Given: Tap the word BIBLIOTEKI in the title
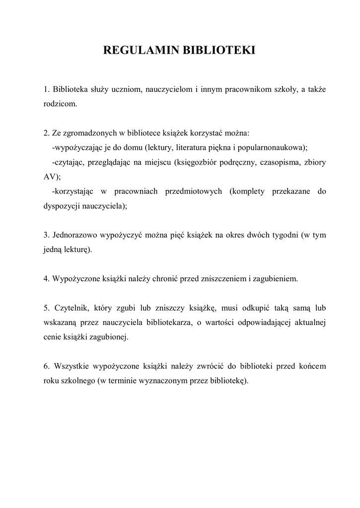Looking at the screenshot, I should (x=219, y=51).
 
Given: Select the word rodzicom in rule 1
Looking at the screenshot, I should (x=60, y=104).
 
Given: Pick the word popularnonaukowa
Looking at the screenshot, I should (x=275, y=148).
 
